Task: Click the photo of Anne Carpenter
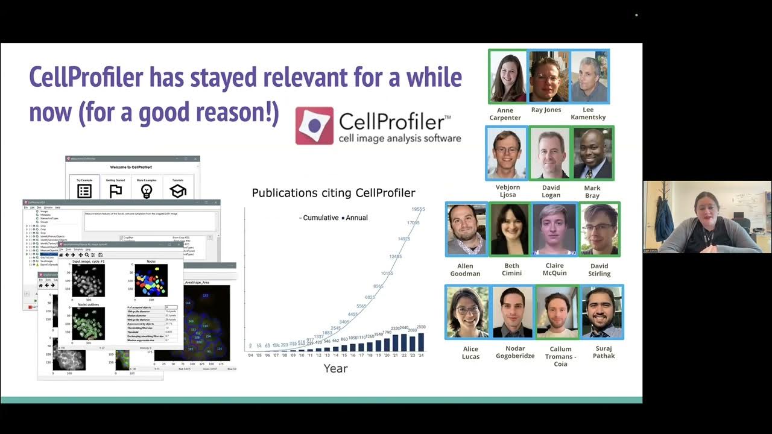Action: (x=508, y=77)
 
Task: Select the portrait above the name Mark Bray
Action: (x=592, y=153)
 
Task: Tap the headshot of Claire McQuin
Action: (x=555, y=229)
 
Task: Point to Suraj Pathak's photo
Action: (x=602, y=312)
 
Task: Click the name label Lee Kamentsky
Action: (x=588, y=113)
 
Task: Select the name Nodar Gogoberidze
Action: (x=515, y=352)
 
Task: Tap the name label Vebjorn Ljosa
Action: (x=507, y=191)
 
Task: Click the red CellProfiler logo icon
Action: (x=314, y=125)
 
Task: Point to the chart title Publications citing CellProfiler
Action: (x=334, y=193)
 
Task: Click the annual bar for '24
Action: (x=421, y=342)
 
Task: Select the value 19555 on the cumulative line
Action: (x=418, y=209)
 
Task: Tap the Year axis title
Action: (x=335, y=368)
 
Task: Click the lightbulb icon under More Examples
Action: (x=146, y=190)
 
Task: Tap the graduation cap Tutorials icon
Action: (x=177, y=190)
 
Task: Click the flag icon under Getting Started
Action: (x=115, y=190)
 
